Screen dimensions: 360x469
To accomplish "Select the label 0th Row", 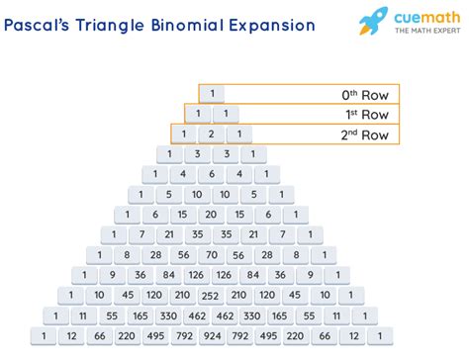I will point(366,95).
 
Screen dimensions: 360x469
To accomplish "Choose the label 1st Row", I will point(367,115).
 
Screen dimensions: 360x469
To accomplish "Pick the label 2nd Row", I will point(366,135).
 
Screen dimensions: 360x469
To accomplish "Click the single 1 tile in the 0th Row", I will point(211,95).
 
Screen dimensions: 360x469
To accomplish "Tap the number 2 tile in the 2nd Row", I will point(211,135).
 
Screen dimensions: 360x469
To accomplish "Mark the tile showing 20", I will point(211,214).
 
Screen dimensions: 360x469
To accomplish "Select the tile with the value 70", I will point(211,254).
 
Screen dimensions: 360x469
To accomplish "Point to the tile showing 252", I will point(211,295).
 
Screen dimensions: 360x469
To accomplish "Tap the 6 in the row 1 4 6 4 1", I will point(211,174).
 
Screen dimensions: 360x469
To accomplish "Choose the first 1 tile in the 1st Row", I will point(197,115).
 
